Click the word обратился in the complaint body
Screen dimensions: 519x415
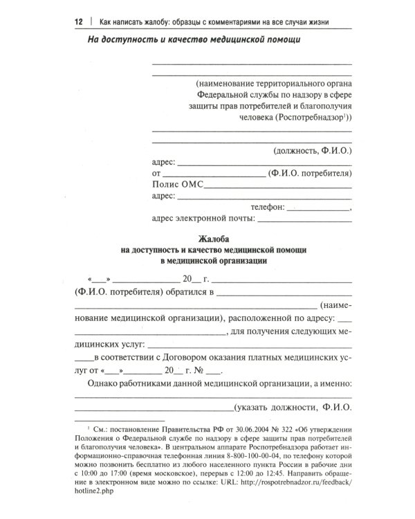coord(185,293)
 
